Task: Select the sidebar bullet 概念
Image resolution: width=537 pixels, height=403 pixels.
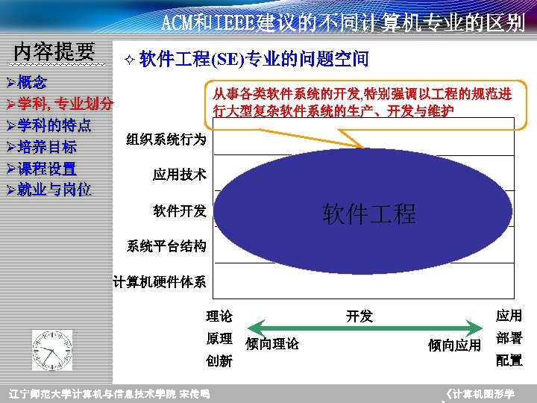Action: pyautogui.click(x=31, y=82)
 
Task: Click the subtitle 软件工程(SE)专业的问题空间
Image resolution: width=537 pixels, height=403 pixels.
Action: pyautogui.click(x=254, y=59)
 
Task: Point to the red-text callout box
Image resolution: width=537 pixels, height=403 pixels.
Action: pyautogui.click(x=362, y=102)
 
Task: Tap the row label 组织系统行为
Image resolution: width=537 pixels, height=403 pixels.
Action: pyautogui.click(x=166, y=140)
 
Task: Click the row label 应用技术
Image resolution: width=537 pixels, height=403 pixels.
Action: pyautogui.click(x=180, y=175)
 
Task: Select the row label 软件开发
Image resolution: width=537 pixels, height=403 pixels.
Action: pyautogui.click(x=180, y=210)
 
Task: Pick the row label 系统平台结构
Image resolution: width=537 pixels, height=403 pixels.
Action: pyautogui.click(x=166, y=246)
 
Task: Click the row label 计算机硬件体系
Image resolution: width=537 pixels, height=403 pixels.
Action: pyautogui.click(x=160, y=281)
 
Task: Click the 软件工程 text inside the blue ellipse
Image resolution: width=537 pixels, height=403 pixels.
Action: pyautogui.click(x=369, y=214)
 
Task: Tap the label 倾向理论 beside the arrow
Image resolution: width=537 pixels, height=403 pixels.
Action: pyautogui.click(x=272, y=344)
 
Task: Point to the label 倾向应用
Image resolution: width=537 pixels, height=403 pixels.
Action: pyautogui.click(x=454, y=345)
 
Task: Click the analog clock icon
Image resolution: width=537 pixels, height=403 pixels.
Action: pyautogui.click(x=52, y=350)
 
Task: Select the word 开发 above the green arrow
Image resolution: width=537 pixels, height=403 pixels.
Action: pyautogui.click(x=359, y=316)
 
